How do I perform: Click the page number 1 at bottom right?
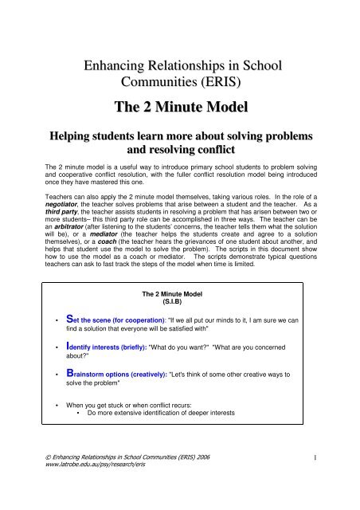[338, 480]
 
